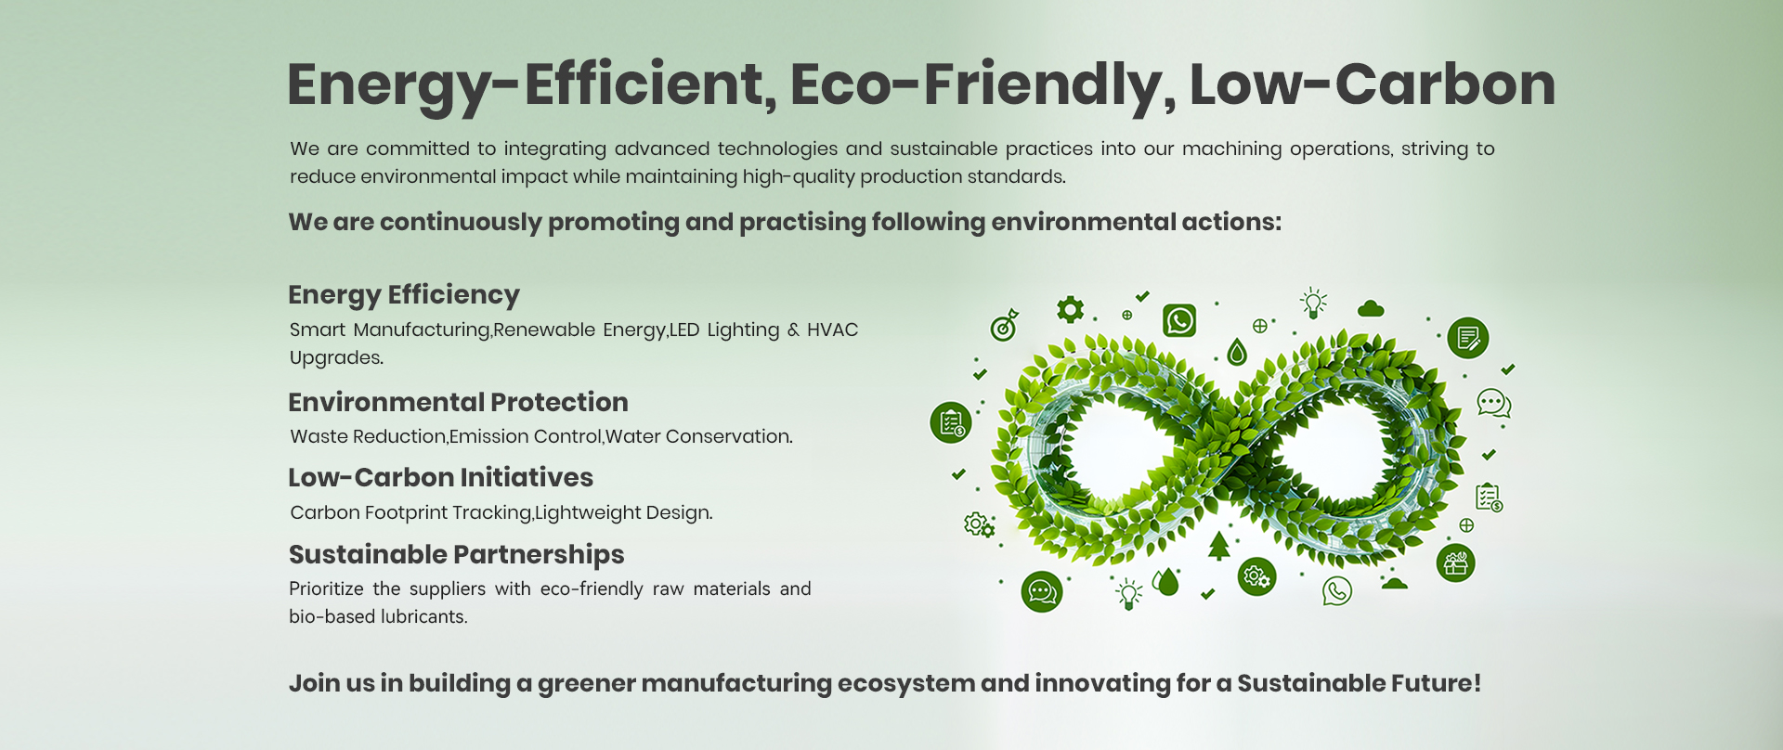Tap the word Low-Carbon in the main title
[1373, 84]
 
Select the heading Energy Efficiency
[404, 295]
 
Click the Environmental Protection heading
[458, 402]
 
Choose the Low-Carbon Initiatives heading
[440, 477]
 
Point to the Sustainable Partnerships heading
[456, 555]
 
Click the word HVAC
[832, 330]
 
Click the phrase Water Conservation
[699, 436]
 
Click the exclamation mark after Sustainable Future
[1477, 683]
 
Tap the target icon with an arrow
[1005, 326]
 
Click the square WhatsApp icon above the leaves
[1179, 320]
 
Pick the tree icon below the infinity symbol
[1219, 546]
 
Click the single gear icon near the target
[1071, 309]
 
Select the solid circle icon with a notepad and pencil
[1468, 338]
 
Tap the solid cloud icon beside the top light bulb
[1371, 308]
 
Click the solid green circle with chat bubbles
[1042, 591]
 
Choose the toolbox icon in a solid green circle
[1456, 562]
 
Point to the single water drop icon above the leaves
[1237, 352]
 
